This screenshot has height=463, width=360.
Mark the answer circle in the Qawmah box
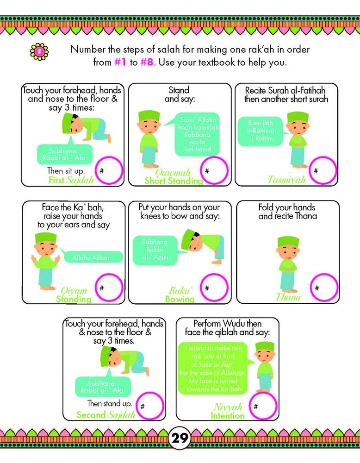coord(214,170)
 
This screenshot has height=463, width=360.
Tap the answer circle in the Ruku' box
coord(214,288)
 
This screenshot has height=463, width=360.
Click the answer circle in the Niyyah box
coord(263,406)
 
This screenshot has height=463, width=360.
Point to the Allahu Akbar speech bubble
coord(92,257)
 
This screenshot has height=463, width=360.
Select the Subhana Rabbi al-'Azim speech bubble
coord(155,251)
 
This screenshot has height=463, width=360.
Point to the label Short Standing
coord(173,181)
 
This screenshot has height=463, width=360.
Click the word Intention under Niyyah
coord(227,416)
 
